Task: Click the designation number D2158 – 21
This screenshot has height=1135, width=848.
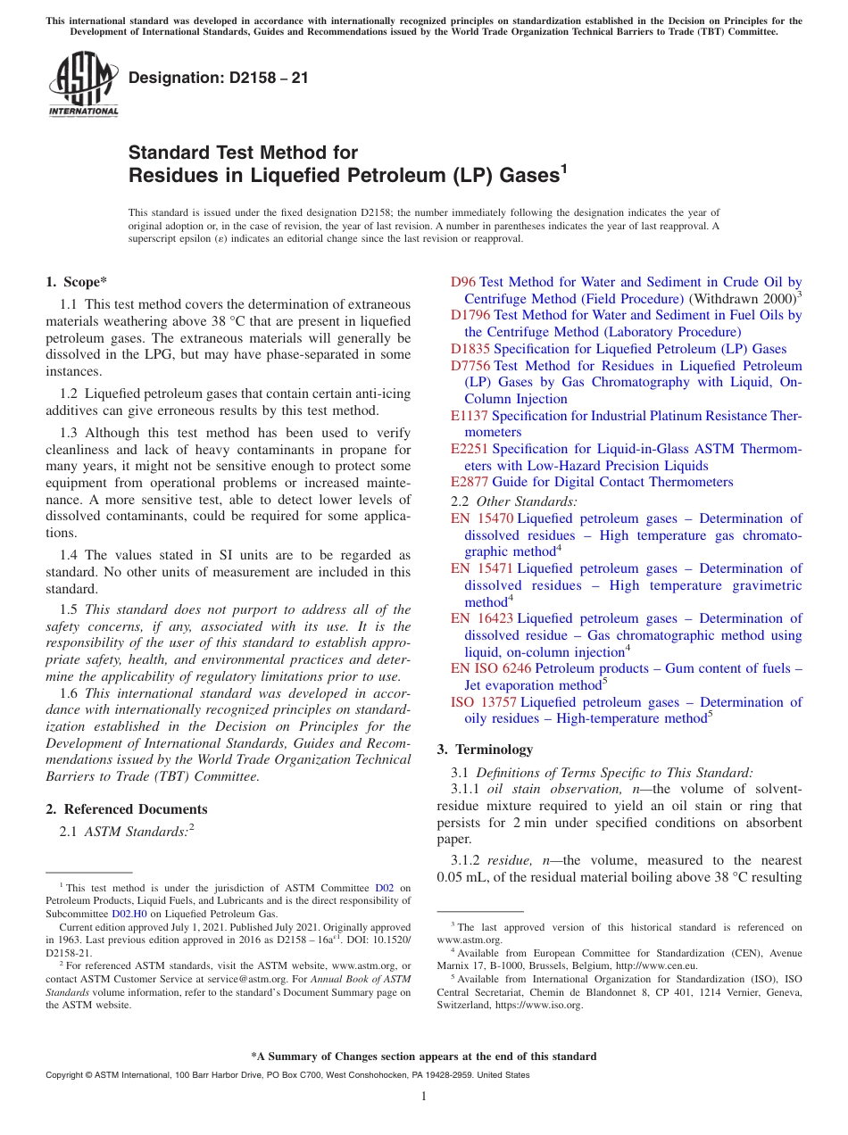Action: pos(219,78)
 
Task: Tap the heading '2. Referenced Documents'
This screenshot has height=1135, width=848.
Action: pos(127,809)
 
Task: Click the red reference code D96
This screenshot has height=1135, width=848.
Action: pos(463,282)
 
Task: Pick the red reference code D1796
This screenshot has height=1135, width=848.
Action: pos(470,315)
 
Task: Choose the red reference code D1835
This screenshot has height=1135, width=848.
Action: pos(470,349)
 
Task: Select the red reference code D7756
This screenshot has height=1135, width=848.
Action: pos(470,366)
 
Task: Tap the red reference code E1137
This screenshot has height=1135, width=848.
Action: pos(470,416)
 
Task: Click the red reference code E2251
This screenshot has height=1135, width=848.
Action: pos(470,449)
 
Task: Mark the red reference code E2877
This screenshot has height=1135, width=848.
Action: pos(470,482)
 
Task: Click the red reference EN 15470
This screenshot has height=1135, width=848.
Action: pos(482,518)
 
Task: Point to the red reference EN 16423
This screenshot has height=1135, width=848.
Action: pos(482,618)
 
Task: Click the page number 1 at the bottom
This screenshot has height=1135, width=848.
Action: pos(424,1097)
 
